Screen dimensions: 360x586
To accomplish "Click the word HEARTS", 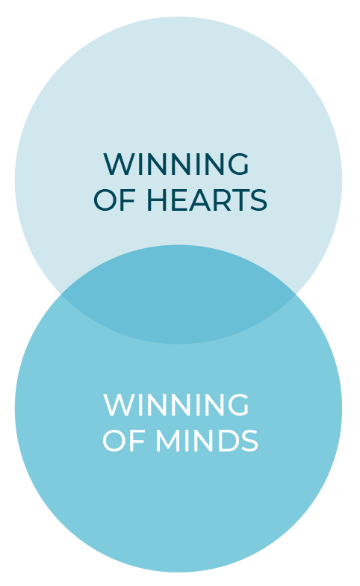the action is (x=206, y=200).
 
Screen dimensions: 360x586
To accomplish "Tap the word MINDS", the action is (x=206, y=440).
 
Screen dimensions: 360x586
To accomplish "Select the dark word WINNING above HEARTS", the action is (x=176, y=164).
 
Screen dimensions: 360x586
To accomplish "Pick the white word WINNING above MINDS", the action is (x=176, y=404).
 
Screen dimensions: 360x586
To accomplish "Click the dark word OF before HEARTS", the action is (x=115, y=200).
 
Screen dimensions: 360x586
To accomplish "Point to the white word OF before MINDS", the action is (x=124, y=440).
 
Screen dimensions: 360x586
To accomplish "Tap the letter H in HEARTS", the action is (x=156, y=200).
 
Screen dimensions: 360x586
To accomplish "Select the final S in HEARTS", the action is (x=258, y=200).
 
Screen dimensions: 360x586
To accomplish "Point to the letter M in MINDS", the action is (x=167, y=440).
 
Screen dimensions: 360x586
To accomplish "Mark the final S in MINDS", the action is (x=249, y=440).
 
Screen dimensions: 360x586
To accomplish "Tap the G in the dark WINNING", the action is (x=238, y=164).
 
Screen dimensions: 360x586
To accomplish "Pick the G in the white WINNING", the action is (x=238, y=404).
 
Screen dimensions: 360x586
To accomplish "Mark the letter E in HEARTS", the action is (x=176, y=200).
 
